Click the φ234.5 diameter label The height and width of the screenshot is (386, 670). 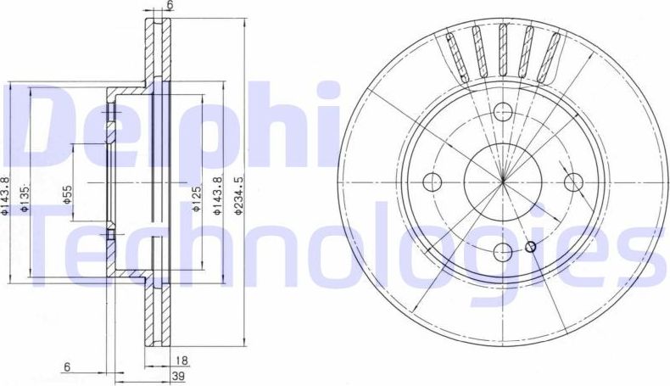tap(240, 197)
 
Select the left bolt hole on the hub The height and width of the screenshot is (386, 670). tap(432, 181)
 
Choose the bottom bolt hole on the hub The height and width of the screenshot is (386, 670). tap(502, 251)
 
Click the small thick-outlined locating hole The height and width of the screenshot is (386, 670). tap(531, 247)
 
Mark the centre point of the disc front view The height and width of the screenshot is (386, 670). tap(502, 181)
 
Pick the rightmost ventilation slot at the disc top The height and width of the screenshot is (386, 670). tap(553, 50)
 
